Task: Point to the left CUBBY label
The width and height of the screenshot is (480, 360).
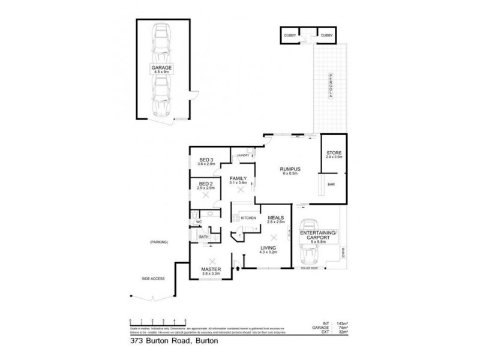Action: [x=289, y=36]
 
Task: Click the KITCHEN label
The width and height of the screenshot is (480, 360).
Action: [x=248, y=218]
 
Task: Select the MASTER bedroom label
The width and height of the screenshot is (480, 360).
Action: [x=210, y=271]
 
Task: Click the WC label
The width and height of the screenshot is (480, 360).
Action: [x=198, y=223]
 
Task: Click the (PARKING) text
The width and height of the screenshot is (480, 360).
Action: [x=159, y=242]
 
